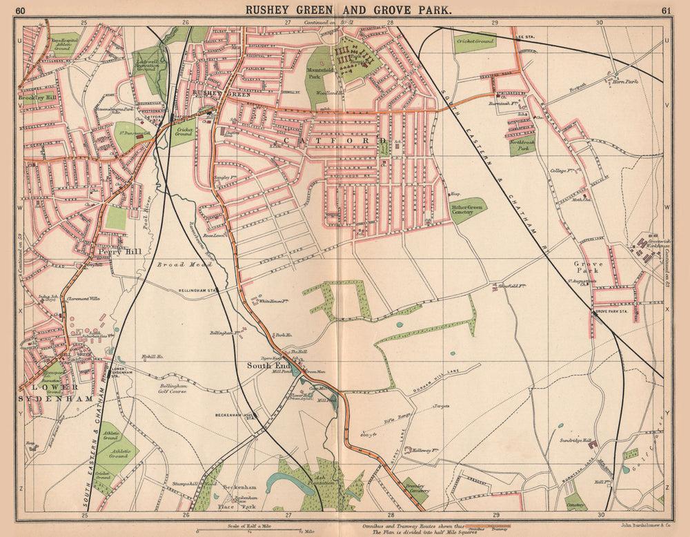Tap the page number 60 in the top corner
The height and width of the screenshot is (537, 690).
coord(21,10)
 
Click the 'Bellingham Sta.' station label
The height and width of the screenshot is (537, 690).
coord(198,291)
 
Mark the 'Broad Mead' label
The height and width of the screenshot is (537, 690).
coord(177,264)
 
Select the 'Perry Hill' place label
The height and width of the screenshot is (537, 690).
coord(124,252)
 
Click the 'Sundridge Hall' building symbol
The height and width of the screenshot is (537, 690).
coord(592,446)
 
